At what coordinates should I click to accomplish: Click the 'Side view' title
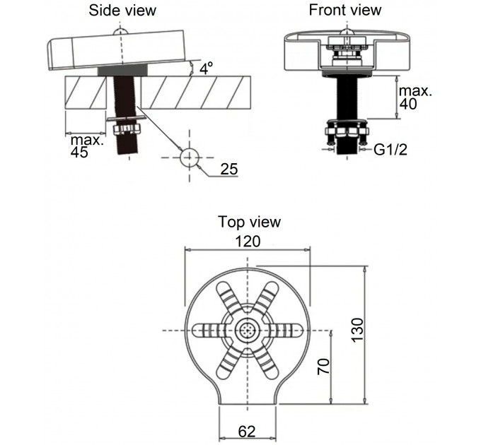tap(122, 10)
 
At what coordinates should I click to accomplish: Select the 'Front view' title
tap(345, 10)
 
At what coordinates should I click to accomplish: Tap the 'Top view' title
tap(249, 222)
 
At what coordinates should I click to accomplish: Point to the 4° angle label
tap(206, 69)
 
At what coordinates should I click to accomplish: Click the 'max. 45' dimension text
tap(87, 146)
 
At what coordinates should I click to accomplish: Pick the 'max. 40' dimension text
tap(415, 97)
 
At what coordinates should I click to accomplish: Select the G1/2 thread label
tap(390, 150)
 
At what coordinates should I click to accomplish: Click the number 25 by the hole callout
tap(229, 169)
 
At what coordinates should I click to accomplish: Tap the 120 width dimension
tap(248, 242)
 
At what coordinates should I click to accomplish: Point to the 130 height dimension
tap(357, 330)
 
